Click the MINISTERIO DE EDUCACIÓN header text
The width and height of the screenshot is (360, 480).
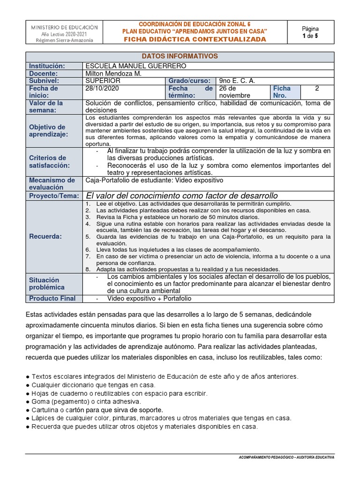(64, 27)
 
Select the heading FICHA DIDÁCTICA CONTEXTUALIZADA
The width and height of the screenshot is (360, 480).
(195, 39)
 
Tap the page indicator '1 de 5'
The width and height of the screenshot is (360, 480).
(310, 36)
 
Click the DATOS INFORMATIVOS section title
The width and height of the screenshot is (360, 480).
(180, 56)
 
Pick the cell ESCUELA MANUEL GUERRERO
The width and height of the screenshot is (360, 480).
(136, 66)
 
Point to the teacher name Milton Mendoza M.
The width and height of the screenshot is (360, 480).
(113, 74)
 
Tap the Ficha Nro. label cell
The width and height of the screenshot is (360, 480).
(282, 91)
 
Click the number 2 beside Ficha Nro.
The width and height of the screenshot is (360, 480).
(317, 88)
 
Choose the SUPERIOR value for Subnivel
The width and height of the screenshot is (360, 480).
(103, 81)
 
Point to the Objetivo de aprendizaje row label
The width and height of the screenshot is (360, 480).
(47, 131)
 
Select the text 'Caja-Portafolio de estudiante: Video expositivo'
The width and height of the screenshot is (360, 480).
(154, 180)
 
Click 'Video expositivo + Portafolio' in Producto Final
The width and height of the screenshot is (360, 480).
(149, 299)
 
